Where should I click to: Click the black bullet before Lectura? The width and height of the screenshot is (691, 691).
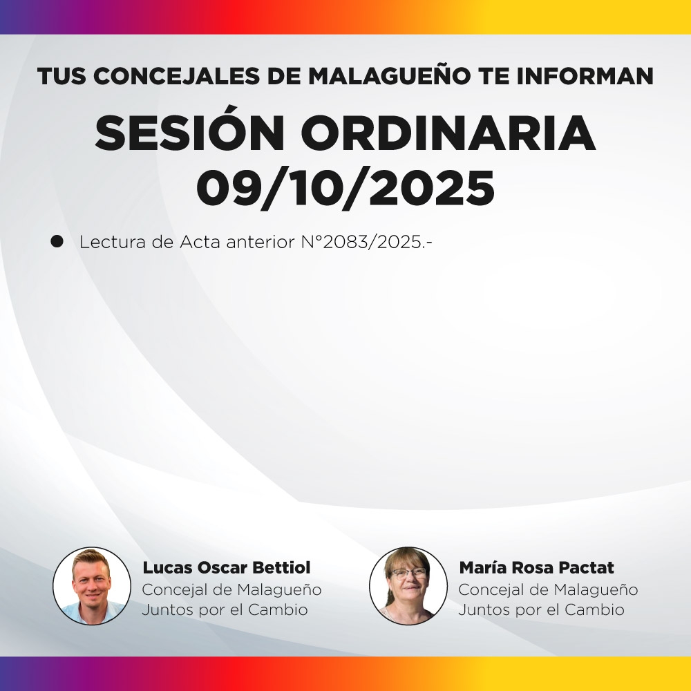coord(57,242)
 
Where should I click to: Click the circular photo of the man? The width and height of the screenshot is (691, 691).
coord(92,586)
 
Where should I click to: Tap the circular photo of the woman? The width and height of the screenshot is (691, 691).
coord(408,586)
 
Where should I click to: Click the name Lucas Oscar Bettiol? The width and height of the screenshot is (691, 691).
coord(227,568)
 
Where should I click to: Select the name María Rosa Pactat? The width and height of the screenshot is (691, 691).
coord(536,568)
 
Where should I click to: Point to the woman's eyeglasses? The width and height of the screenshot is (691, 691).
coord(408,573)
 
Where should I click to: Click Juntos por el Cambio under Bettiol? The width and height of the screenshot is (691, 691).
coord(225,610)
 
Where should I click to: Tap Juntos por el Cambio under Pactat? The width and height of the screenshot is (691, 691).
coord(541,610)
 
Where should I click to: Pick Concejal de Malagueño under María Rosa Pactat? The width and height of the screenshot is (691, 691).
coord(548,590)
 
